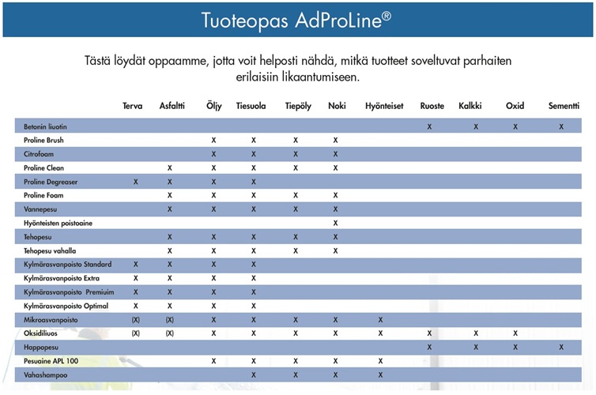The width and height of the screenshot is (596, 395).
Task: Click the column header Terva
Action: click(133, 106)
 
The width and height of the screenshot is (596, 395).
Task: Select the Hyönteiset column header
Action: click(383, 106)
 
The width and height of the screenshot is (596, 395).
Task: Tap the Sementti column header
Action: click(562, 106)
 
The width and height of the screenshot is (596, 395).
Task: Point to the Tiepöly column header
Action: click(297, 106)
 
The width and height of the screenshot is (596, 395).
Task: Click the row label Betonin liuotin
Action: click(45, 126)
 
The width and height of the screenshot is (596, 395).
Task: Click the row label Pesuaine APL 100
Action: click(51, 361)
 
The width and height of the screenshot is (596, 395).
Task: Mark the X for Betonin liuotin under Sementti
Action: click(562, 126)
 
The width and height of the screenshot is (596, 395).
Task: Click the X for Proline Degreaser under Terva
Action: click(136, 182)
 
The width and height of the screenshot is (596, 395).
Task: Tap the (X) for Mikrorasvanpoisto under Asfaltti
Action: click(169, 320)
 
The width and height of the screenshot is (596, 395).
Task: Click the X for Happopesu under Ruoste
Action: click(429, 348)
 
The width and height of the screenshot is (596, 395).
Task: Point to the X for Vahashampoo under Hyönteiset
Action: click(381, 375)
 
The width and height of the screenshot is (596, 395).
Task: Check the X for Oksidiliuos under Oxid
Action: click(515, 333)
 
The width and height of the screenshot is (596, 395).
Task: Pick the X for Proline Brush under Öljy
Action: click(213, 141)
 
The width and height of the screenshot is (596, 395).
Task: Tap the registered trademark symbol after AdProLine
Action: click(386, 14)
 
